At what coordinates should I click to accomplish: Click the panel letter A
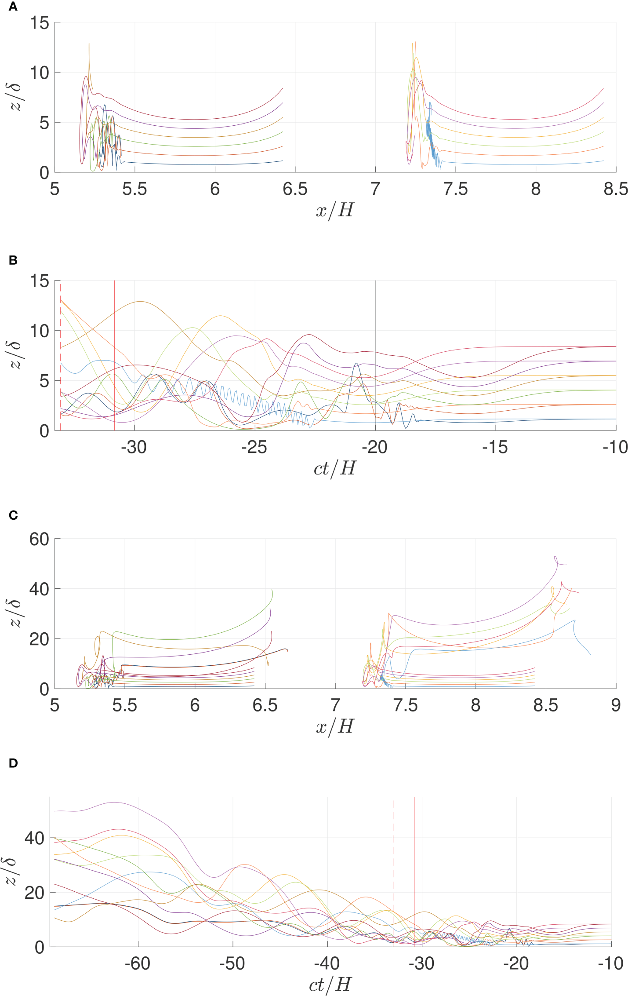(x=13, y=7)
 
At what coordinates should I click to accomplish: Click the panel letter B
(x=13, y=260)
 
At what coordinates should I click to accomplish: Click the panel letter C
(x=13, y=515)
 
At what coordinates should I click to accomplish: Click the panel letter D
(x=13, y=763)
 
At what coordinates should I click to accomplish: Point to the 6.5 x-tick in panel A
(x=295, y=189)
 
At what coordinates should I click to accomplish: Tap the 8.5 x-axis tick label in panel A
(x=615, y=189)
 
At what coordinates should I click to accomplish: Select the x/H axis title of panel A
(x=335, y=210)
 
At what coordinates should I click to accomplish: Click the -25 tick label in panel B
(x=254, y=447)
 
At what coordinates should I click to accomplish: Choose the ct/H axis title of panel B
(x=335, y=468)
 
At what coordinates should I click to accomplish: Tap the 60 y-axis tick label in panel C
(x=39, y=539)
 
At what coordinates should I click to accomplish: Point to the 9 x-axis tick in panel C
(x=615, y=705)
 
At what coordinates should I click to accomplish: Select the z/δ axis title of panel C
(x=16, y=613)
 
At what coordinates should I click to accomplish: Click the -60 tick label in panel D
(x=138, y=963)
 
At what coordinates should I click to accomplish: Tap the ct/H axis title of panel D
(x=330, y=985)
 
